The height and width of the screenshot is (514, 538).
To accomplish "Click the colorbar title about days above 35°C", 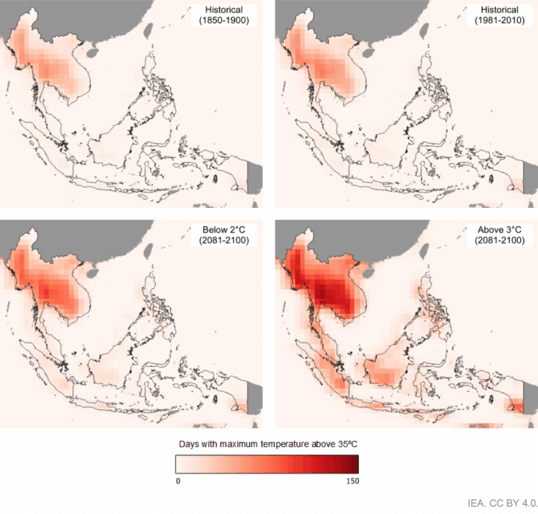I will (x=267, y=444).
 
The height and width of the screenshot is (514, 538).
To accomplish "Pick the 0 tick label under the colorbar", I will (x=178, y=480).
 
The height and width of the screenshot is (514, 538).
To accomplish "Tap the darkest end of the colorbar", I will (x=355, y=464).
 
